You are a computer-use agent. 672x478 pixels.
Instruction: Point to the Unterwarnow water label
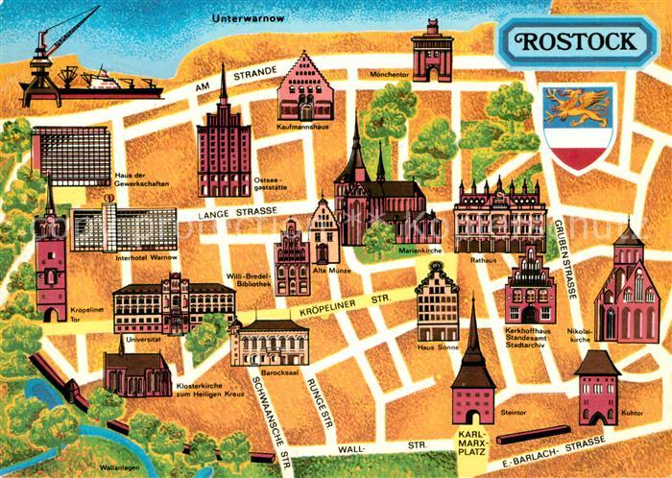[249, 17]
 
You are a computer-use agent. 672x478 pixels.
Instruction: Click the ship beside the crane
[125, 82]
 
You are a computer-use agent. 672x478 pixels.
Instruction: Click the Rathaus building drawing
[487, 216]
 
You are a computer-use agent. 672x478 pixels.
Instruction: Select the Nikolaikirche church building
[627, 288]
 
